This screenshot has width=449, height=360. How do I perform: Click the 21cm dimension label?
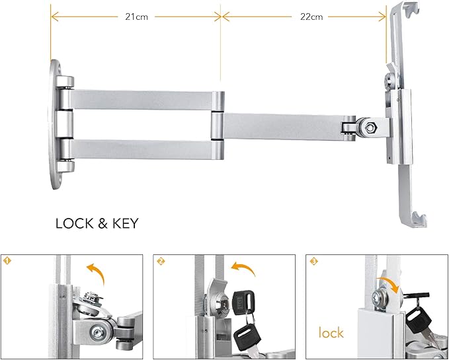coord(137,17)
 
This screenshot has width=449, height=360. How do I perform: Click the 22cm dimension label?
coord(312,17)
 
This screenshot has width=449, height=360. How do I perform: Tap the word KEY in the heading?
coord(123,223)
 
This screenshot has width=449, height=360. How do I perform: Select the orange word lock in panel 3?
coord(331,332)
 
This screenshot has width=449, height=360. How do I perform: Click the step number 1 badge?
coord(8,261)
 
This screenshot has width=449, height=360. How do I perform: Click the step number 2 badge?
coord(161,261)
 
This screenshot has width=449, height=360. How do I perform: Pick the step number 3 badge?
coord(313,261)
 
